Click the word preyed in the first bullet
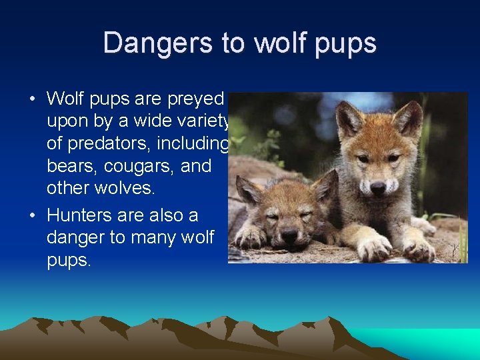pyautogui.click(x=197, y=99)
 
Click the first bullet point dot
pyautogui.click(x=33, y=99)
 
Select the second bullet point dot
pyautogui.click(x=33, y=216)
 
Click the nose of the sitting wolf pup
pyautogui.click(x=377, y=188)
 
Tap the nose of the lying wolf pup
pyautogui.click(x=288, y=235)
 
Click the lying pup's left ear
pyautogui.click(x=249, y=190)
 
